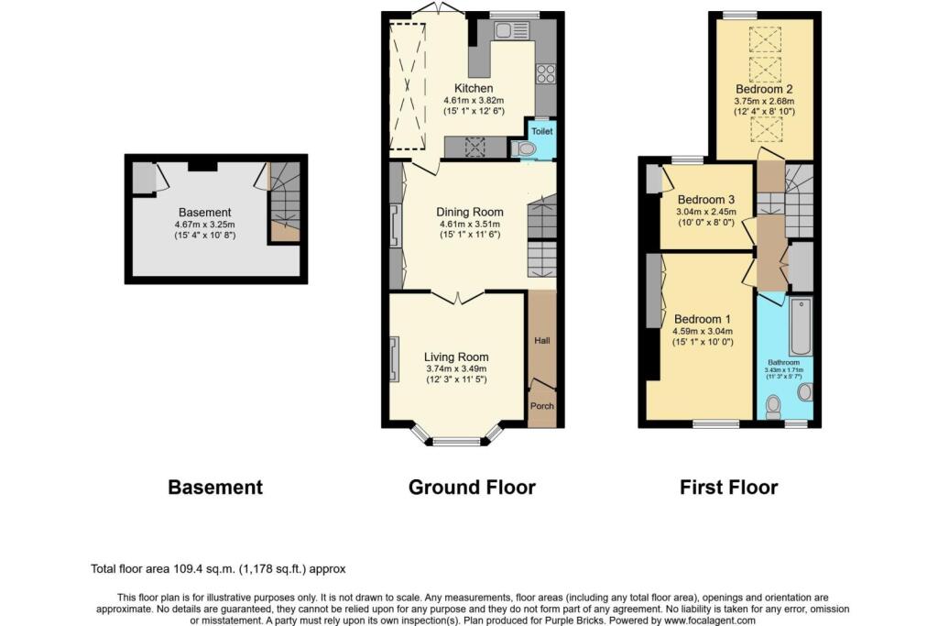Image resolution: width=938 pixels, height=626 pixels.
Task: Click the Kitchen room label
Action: [x=474, y=88]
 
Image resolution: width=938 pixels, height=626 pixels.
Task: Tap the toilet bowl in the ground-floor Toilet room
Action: [x=523, y=148]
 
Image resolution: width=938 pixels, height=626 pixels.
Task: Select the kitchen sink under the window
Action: [x=510, y=30]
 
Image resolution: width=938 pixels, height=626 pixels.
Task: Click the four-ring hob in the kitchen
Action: [x=546, y=73]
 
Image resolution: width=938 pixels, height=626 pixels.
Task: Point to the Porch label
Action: [x=542, y=406]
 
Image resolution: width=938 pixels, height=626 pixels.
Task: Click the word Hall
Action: [x=542, y=341]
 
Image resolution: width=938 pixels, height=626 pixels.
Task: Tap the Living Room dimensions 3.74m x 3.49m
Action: [x=456, y=368]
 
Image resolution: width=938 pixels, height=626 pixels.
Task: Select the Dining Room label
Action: [x=470, y=212]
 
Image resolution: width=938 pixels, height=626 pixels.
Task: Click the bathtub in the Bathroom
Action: [x=801, y=326]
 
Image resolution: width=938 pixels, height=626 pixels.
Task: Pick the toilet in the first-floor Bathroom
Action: [x=773, y=406]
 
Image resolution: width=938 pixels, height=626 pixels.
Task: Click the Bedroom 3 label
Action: [x=706, y=200]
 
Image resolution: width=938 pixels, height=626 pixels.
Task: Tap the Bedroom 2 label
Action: [x=765, y=89]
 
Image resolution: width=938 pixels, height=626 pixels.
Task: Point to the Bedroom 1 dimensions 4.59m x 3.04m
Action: [x=703, y=331]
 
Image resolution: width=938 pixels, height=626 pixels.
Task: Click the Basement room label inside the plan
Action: [x=204, y=213]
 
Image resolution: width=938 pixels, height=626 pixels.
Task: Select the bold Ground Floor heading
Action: [x=472, y=488]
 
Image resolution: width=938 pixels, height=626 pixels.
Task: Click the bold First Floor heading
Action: [x=728, y=488]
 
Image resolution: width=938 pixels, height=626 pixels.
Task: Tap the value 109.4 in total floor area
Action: [x=188, y=569]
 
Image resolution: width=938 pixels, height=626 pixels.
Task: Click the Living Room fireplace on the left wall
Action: [x=394, y=359]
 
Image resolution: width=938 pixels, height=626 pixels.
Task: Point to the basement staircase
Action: [x=284, y=202]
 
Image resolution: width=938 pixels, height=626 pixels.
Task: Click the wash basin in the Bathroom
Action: [x=805, y=392]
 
